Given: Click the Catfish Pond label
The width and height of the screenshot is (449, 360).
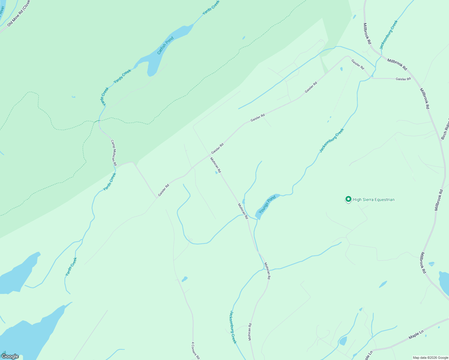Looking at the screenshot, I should click(x=165, y=46).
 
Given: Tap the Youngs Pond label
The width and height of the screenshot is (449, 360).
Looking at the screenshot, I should click(x=267, y=204).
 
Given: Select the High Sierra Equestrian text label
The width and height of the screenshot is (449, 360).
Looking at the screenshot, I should click(x=374, y=199).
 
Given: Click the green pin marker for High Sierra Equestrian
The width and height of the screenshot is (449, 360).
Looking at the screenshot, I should click(x=348, y=199).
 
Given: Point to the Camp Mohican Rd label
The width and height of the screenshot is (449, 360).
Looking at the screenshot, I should click(x=113, y=153).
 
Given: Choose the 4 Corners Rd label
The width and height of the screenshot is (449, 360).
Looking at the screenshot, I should click(x=195, y=350).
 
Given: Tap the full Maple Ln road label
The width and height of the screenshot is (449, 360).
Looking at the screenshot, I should click(x=416, y=335).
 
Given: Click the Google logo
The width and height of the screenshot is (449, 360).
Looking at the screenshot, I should click(x=10, y=356).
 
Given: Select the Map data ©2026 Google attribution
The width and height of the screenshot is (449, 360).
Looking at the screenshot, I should click(x=430, y=358).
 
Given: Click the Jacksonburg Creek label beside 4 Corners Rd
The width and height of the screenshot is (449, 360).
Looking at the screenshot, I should click(x=233, y=327).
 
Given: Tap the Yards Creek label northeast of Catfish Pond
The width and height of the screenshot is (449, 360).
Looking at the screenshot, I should click(x=211, y=7).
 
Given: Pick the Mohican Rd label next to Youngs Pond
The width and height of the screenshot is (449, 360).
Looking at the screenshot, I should click(x=243, y=211).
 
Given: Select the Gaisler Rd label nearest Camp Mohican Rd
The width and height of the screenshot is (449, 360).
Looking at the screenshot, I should click(x=164, y=190).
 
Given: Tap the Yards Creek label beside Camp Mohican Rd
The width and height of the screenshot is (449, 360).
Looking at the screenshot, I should click(x=110, y=182).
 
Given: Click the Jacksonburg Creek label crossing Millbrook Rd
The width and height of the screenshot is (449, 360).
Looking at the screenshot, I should click(x=388, y=35).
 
